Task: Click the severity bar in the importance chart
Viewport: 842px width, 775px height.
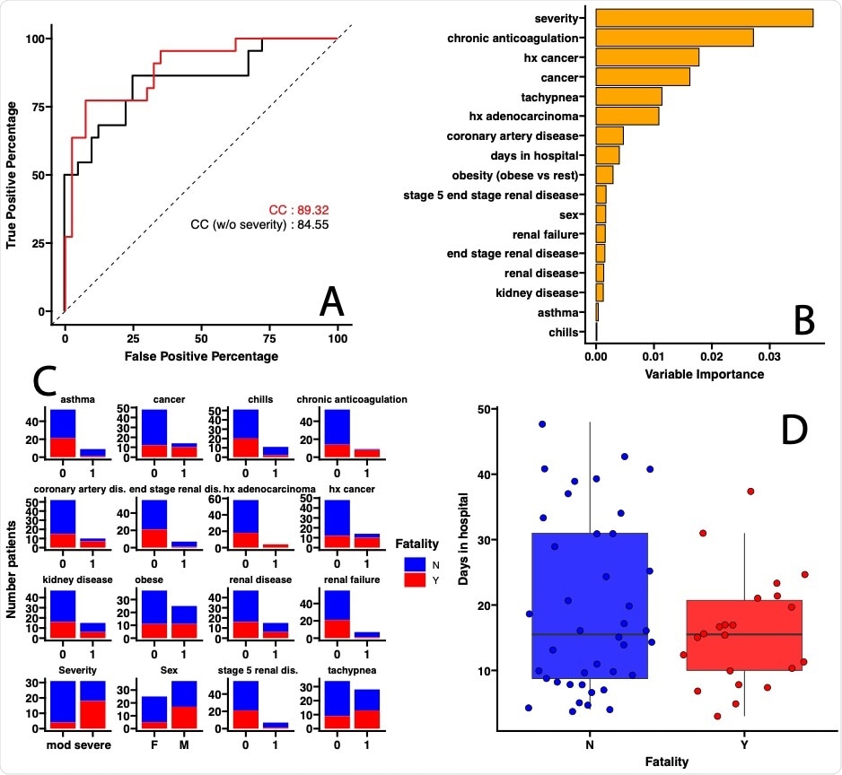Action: (x=705, y=18)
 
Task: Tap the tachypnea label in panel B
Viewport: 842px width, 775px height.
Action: (x=555, y=97)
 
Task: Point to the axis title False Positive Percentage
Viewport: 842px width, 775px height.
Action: (x=201, y=356)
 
